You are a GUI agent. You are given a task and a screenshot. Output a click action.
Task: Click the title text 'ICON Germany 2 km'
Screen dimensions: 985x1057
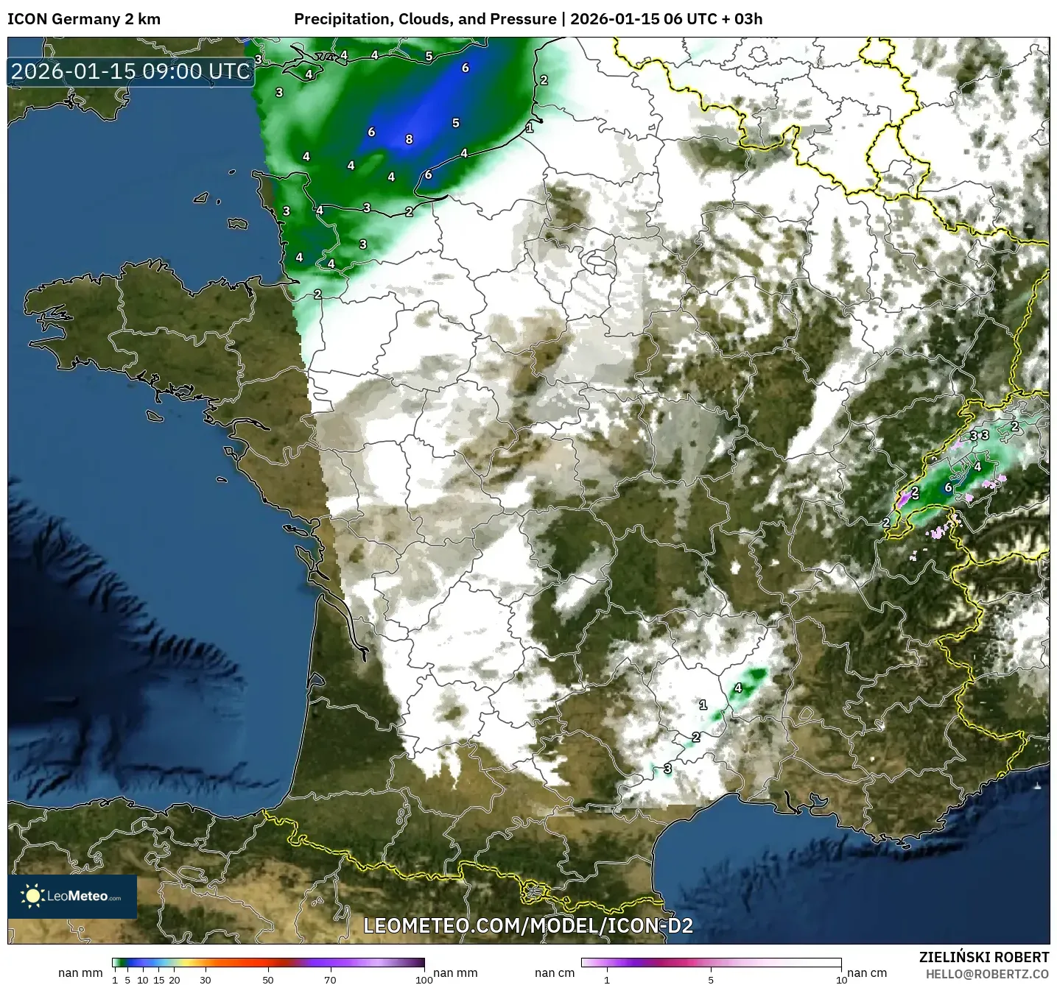point(83,19)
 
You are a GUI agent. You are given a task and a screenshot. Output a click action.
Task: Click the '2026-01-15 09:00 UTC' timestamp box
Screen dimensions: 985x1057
point(131,72)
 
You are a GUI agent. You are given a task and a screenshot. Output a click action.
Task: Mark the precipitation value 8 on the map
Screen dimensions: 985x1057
point(409,139)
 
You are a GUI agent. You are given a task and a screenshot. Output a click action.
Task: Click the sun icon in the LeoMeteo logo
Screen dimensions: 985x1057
point(33,896)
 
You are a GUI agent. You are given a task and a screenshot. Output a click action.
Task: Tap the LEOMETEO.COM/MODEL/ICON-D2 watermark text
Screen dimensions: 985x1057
point(528,925)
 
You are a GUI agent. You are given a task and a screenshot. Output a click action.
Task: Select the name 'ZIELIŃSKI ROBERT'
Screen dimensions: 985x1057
point(984,957)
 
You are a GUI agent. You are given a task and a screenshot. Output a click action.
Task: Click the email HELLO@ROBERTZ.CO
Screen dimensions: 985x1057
point(987,973)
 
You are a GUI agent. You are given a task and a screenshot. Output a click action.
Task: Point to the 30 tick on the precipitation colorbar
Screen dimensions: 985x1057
point(206,979)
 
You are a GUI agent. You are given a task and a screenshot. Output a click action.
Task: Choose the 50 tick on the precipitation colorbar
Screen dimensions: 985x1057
point(268,979)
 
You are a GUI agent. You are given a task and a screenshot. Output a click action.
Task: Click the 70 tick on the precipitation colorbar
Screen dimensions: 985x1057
point(331,979)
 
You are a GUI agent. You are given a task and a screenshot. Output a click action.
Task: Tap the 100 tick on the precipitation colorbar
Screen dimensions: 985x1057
point(424,979)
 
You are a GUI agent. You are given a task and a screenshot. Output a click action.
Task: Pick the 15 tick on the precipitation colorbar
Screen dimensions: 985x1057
point(158,979)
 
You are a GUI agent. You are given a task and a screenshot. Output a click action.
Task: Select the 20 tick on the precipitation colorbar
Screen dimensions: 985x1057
point(175,979)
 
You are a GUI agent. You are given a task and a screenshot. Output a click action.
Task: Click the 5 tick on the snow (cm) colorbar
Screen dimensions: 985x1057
point(711,979)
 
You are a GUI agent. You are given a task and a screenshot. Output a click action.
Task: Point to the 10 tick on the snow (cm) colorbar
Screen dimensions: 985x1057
point(840,979)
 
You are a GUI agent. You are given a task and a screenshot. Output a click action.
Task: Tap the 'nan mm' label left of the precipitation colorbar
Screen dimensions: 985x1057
point(80,972)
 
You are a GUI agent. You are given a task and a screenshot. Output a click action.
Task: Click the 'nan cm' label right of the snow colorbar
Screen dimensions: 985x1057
point(867,972)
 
